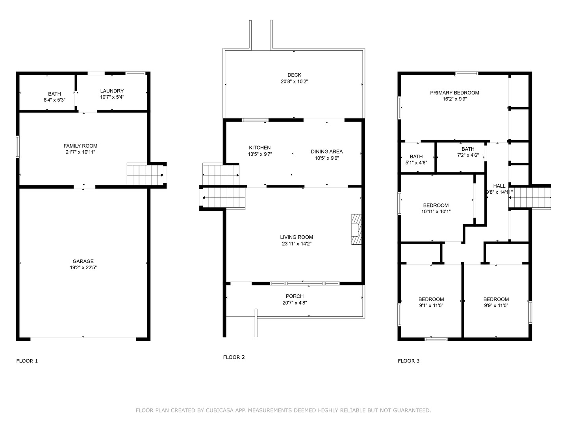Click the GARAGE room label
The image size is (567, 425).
tap(83, 261)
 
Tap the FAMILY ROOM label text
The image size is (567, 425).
tap(80, 146)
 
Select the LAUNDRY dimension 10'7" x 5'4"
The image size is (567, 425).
tap(112, 97)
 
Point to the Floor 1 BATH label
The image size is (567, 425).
tap(54, 94)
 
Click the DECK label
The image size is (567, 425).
tap(294, 75)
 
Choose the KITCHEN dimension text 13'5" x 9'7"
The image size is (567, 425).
tap(259, 154)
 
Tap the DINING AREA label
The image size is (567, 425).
tap(327, 152)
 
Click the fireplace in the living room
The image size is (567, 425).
tap(356, 229)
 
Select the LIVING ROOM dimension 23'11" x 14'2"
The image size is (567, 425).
tap(296, 244)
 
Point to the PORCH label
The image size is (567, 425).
tap(295, 296)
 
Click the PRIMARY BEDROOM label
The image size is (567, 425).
tap(454, 92)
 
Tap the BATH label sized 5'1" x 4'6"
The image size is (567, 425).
tap(416, 156)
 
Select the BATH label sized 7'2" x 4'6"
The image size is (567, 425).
tap(468, 149)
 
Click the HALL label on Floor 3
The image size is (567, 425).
tap(499, 186)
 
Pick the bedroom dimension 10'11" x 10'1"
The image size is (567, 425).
tap(436, 212)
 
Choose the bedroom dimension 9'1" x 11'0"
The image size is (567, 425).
tap(431, 305)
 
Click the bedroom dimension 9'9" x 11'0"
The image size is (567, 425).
tap(496, 305)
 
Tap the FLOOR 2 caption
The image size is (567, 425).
tap(234, 357)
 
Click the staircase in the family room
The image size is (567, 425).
tap(145, 174)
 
